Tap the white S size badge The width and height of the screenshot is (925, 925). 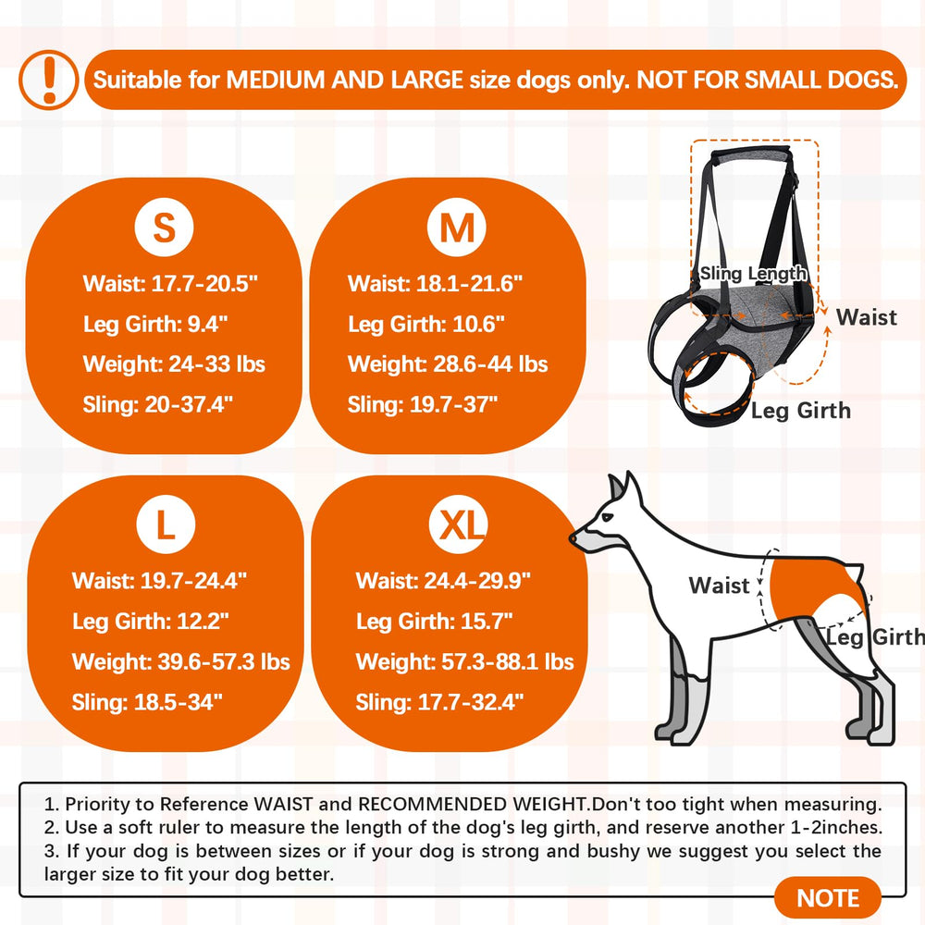(165, 227)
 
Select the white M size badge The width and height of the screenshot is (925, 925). (456, 227)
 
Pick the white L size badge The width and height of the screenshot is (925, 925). (166, 525)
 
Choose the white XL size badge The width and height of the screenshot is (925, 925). (457, 525)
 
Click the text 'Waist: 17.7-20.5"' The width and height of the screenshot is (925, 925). (170, 283)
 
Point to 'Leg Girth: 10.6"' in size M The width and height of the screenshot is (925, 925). (425, 324)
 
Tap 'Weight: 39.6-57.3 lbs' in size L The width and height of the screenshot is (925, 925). (181, 662)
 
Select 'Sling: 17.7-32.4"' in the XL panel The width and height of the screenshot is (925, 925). (439, 703)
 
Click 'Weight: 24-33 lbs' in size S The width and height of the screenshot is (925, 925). (174, 364)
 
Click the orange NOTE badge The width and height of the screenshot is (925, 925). (827, 898)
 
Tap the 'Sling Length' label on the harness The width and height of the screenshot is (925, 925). (753, 274)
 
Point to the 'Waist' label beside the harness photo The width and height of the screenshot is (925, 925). (866, 317)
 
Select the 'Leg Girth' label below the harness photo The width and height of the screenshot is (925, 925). (800, 410)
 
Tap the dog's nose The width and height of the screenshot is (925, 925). (574, 536)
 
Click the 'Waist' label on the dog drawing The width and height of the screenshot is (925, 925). (719, 586)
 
